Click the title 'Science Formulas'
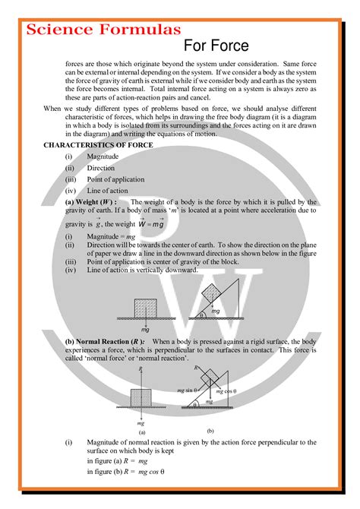coord(103,30)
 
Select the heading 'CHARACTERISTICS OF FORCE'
coord(98,144)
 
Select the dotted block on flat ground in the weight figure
coord(146,307)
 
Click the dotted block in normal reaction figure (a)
coord(141,399)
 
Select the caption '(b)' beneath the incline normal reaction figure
coord(210,431)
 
